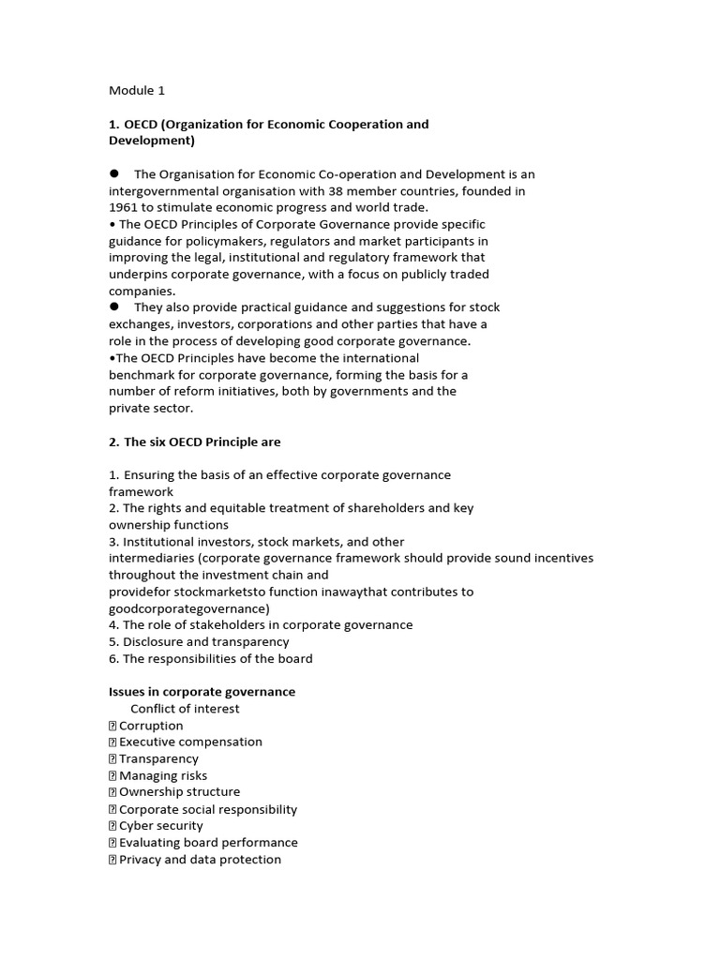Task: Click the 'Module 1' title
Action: (x=137, y=91)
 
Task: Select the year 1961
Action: (x=124, y=207)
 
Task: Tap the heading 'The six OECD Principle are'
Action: (x=202, y=442)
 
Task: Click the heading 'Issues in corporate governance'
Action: (x=202, y=692)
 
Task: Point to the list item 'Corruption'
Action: (x=151, y=726)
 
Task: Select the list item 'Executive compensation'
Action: (x=190, y=742)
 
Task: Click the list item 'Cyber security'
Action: (x=161, y=826)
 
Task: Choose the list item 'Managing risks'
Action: (x=163, y=775)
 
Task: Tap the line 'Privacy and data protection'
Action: (x=200, y=860)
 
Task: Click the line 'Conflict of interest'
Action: (x=185, y=709)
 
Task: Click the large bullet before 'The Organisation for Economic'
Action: (x=114, y=173)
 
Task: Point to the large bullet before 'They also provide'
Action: (x=114, y=307)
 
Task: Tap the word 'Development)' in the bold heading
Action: (x=152, y=141)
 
